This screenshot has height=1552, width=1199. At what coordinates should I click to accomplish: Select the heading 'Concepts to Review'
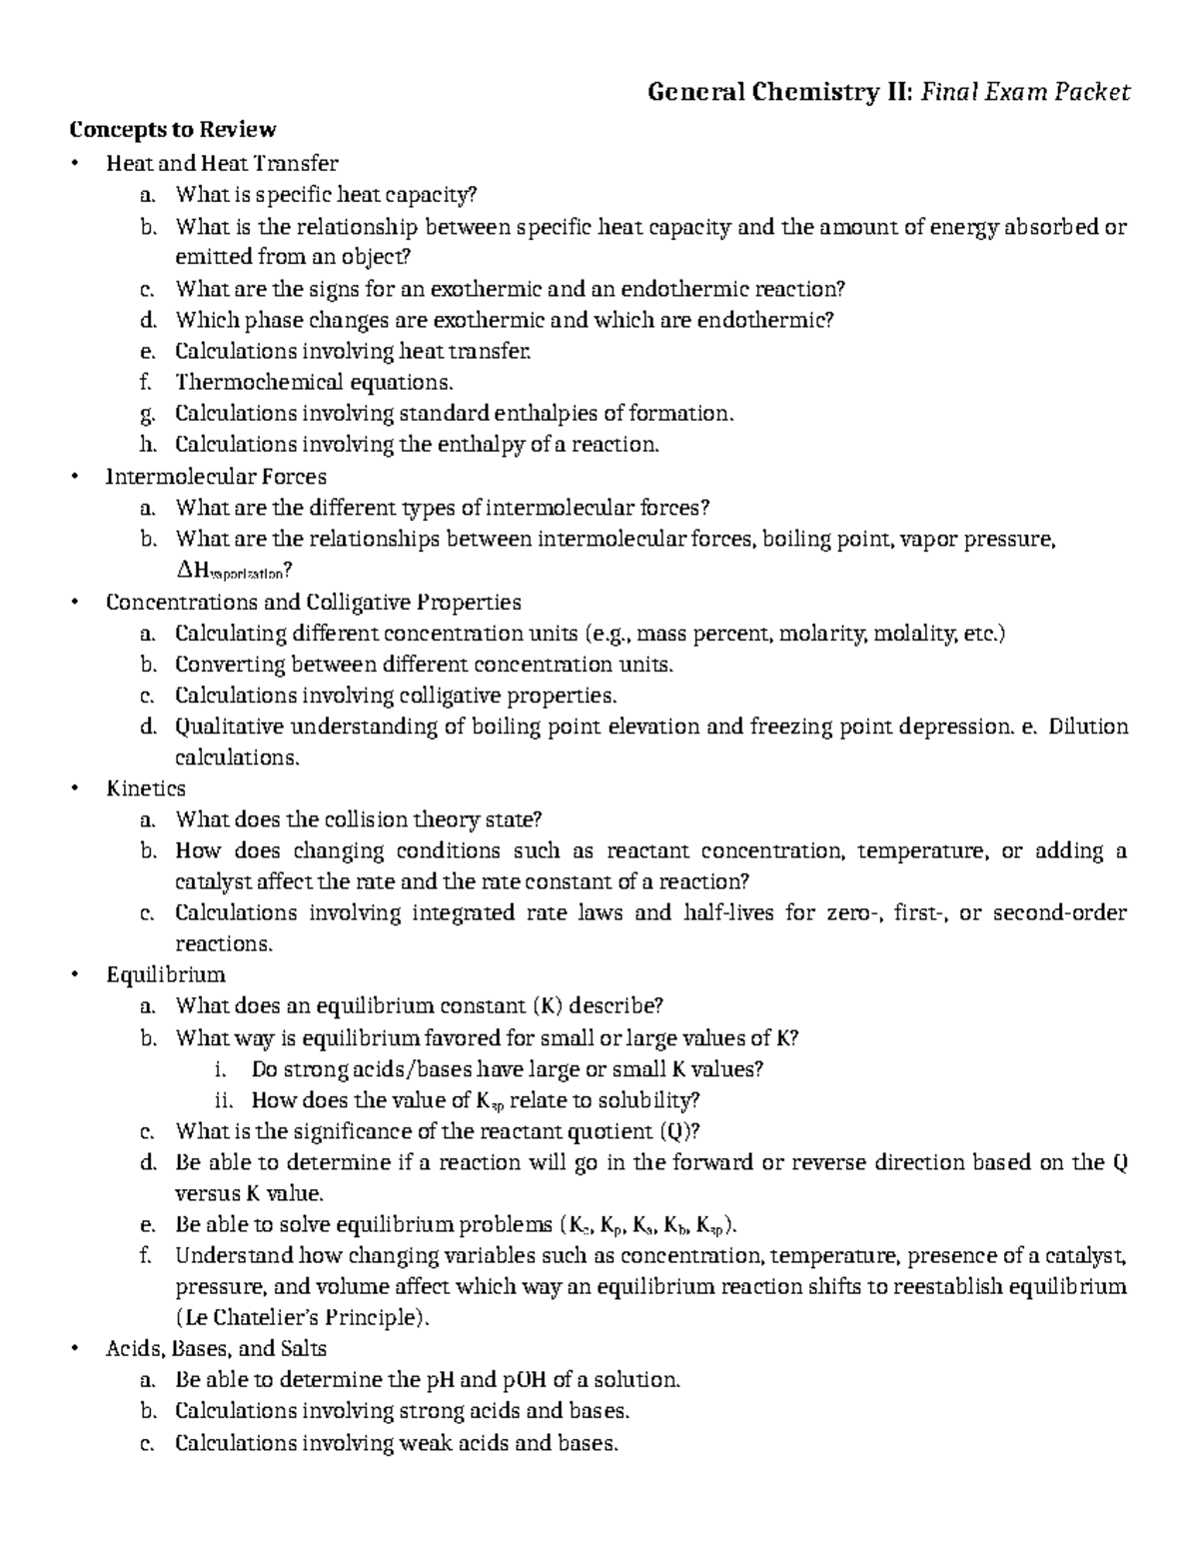click(x=171, y=130)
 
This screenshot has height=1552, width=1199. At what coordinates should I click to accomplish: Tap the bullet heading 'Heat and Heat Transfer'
click(x=222, y=163)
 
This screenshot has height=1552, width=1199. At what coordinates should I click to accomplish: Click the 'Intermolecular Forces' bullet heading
click(x=216, y=476)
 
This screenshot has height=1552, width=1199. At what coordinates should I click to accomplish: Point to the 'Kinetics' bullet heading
click(x=146, y=788)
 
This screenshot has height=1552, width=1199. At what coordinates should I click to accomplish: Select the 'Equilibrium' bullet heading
click(x=166, y=974)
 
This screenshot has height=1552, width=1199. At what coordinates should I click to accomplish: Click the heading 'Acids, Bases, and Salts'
click(x=216, y=1348)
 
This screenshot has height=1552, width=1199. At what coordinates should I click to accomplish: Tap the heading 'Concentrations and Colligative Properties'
click(x=314, y=603)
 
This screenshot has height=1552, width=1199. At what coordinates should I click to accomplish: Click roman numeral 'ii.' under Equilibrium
click(x=224, y=1100)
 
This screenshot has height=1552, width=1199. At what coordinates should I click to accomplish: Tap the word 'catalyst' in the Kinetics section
click(x=211, y=881)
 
